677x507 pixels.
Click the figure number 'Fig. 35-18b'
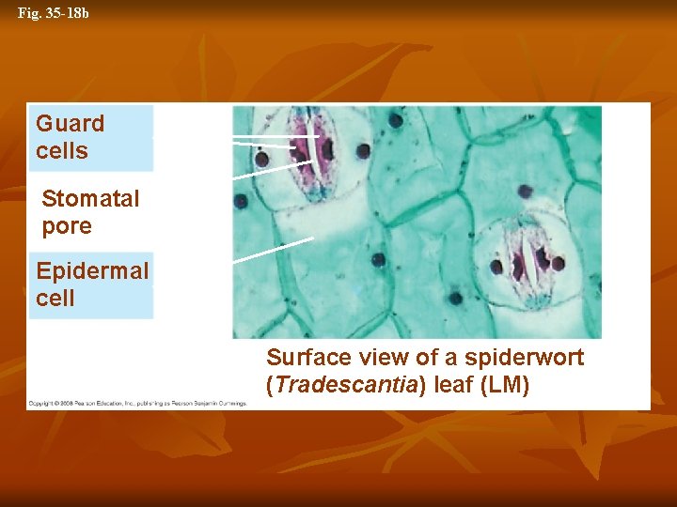[54, 14]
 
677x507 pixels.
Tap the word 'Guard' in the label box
[71, 124]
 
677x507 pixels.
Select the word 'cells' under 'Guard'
[62, 151]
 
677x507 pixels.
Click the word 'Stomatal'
[90, 199]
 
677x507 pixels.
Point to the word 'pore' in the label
[67, 226]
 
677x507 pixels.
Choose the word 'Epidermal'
[92, 271]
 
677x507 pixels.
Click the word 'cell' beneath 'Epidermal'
[55, 299]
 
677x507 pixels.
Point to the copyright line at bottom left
[137, 403]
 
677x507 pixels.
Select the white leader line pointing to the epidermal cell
[273, 249]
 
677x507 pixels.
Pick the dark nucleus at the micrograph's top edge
[396, 120]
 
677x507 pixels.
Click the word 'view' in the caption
[374, 358]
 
